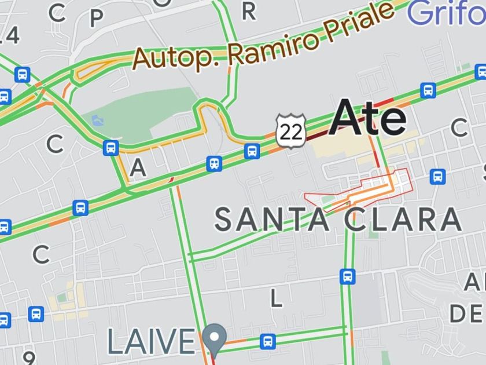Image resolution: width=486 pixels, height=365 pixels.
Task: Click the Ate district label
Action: (x=369, y=118)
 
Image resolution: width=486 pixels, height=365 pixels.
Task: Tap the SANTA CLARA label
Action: (x=338, y=220)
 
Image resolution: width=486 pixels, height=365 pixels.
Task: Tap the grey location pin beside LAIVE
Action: (x=215, y=338)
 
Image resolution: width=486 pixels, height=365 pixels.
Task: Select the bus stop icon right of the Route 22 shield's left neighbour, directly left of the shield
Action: (x=252, y=151)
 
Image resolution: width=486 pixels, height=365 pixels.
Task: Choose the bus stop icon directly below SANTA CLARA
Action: (x=348, y=276)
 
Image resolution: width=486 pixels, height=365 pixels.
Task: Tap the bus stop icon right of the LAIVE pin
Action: (x=267, y=341)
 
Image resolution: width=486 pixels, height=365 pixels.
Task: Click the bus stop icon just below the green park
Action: (x=111, y=147)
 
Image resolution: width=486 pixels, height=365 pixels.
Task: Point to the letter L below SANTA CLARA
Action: (x=277, y=298)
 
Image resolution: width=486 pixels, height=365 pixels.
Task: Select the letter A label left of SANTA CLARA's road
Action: (x=138, y=168)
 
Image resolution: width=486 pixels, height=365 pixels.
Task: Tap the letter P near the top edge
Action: (x=96, y=18)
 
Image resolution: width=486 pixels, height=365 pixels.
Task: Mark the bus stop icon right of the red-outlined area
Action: (x=437, y=176)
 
